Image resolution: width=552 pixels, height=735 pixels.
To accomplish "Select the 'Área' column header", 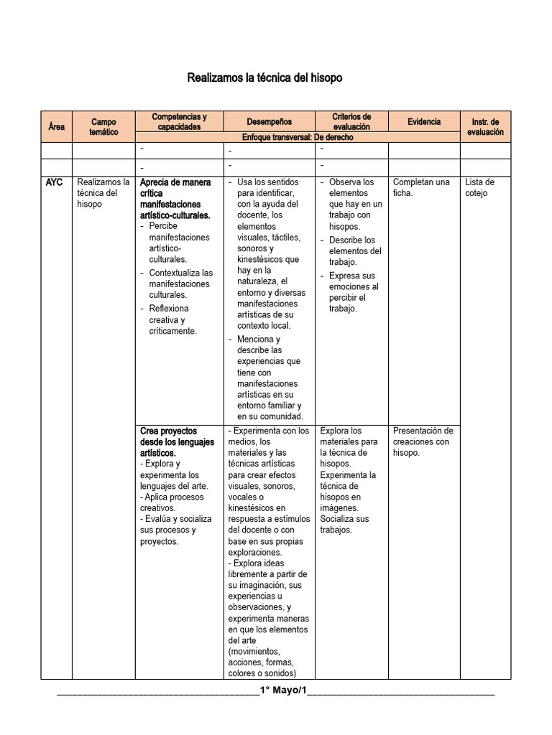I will (56, 127).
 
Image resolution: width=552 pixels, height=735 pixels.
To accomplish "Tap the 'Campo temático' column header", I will (103, 127).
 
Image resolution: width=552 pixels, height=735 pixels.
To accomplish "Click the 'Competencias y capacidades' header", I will (179, 121).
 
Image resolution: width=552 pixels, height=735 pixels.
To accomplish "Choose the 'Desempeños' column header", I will (270, 121).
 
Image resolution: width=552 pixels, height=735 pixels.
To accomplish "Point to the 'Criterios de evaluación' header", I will (351, 121).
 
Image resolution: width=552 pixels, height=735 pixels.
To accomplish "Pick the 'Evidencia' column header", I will (424, 121).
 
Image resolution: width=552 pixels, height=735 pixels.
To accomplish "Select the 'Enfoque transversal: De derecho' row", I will (298, 136).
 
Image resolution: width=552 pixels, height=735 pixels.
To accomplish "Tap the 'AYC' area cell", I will (54, 182).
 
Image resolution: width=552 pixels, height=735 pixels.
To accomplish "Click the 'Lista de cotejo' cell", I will (481, 187).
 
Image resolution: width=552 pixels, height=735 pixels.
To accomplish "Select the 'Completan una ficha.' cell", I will (421, 187).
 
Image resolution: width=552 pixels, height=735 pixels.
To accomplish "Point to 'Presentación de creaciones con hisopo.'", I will (423, 441).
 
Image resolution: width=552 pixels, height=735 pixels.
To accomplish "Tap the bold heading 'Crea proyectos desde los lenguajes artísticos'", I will (177, 441).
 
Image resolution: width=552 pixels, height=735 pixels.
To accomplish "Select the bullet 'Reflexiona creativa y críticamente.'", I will (172, 319).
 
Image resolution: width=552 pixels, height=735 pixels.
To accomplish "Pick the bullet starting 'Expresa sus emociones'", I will (354, 291).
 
